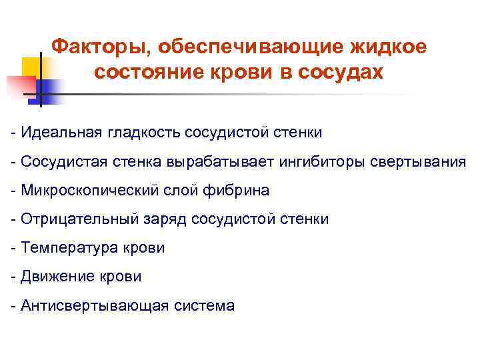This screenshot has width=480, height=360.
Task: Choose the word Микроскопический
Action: [90, 191]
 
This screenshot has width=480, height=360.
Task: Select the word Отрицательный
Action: [79, 219]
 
